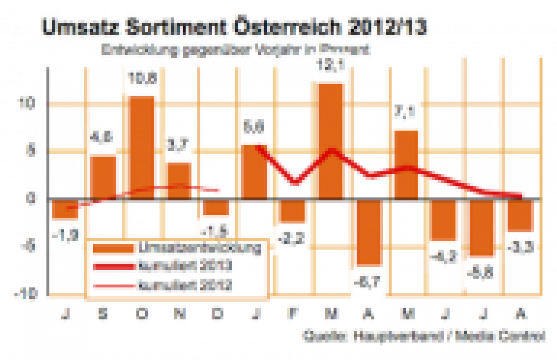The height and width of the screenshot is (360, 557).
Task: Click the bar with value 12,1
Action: (330, 141)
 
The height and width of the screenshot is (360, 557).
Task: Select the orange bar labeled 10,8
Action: (141, 147)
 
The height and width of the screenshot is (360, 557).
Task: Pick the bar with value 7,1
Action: (406, 164)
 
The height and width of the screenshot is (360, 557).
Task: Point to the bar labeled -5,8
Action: (482, 228)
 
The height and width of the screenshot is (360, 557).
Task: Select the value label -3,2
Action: (293, 237)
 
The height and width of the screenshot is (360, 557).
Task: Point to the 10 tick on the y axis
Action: (30, 105)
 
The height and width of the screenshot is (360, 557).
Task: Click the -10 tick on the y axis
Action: (27, 293)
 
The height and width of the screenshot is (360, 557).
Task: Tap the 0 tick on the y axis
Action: (32, 199)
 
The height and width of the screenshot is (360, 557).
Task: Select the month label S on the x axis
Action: (103, 315)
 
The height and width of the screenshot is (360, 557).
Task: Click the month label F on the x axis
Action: (292, 315)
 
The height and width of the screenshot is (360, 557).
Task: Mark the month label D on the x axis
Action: (216, 315)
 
